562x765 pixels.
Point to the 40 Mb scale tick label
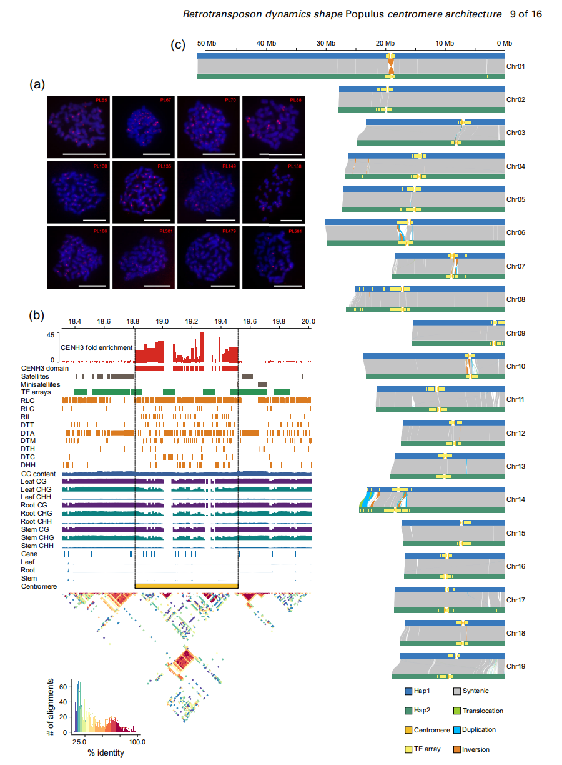[267, 43]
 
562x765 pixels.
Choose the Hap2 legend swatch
[408, 711]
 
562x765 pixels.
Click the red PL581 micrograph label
[294, 231]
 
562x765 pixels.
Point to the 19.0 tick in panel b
[163, 321]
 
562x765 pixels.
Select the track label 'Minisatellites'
[41, 385]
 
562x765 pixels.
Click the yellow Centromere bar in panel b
[186, 586]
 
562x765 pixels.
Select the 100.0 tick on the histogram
[137, 742]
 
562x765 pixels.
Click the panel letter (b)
[37, 314]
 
